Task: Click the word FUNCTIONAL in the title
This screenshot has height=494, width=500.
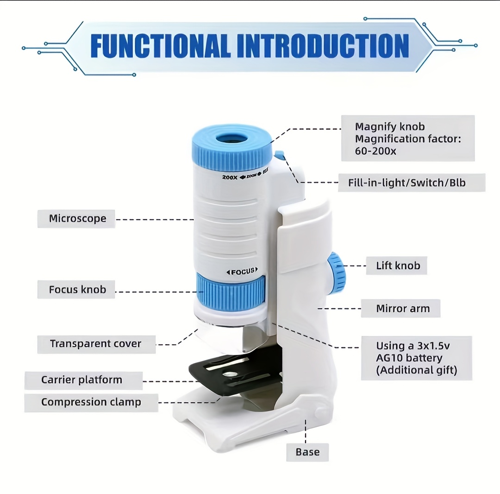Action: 160,46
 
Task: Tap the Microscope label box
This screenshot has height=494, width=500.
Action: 77,219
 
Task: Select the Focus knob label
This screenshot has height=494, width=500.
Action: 77,290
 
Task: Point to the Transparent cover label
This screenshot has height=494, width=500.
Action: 96,344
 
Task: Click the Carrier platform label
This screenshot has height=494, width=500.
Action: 82,380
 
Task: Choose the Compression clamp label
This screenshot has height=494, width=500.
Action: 91,402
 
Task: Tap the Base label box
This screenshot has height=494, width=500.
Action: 307,451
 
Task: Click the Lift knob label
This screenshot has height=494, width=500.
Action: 398,266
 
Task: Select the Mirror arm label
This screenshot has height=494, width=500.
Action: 402,309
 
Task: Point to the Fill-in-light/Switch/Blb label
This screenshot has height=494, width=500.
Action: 406,183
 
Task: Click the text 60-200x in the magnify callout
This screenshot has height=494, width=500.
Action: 375,151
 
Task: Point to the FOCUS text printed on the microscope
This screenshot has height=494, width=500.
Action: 242,272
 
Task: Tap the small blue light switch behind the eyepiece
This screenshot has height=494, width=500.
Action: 279,155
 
